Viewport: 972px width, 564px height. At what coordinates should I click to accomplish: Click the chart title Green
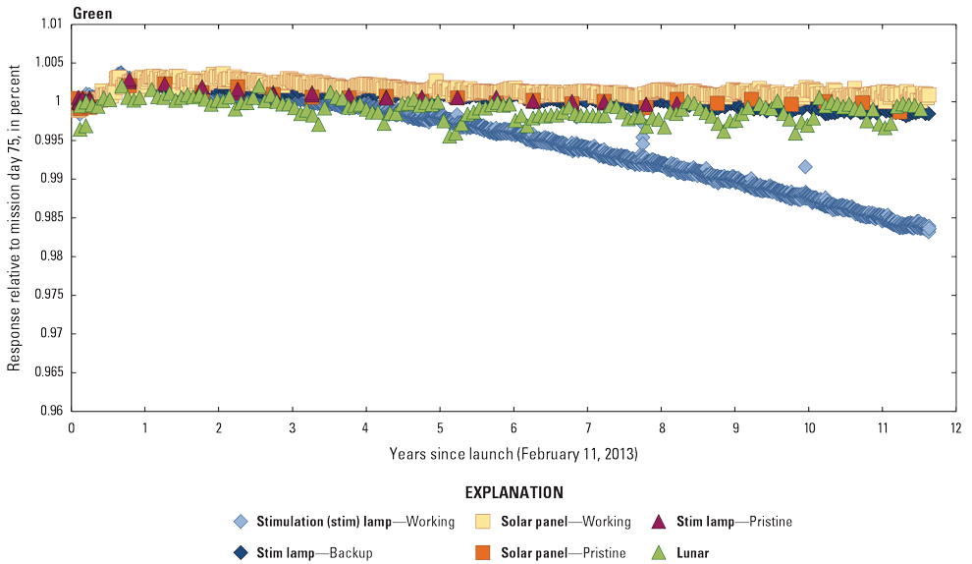[x=91, y=14]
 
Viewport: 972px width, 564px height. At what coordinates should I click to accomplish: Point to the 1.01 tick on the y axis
[x=50, y=24]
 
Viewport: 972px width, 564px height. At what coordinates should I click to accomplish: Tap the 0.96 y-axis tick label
[x=50, y=411]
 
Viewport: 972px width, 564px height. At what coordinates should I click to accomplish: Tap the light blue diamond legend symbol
[x=240, y=522]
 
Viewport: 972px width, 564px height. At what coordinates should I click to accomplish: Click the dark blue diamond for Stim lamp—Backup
[x=240, y=552]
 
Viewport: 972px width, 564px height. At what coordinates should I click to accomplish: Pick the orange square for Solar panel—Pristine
[x=482, y=552]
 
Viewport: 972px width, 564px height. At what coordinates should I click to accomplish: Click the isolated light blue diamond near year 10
[x=805, y=167]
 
